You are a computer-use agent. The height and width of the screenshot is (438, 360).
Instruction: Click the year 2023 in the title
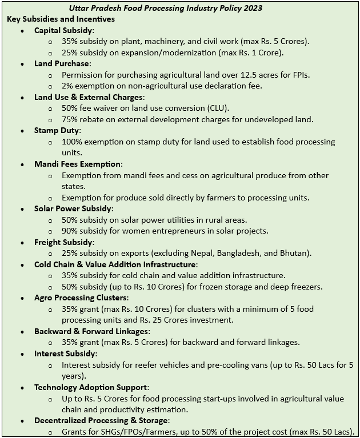tap(252, 8)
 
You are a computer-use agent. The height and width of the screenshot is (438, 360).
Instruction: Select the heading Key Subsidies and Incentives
tap(61, 19)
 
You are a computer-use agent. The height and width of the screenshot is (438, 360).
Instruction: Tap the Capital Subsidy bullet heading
tap(65, 30)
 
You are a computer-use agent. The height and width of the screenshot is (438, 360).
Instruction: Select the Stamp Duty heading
tap(57, 131)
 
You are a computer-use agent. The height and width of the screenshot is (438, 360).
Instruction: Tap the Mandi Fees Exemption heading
tap(78, 164)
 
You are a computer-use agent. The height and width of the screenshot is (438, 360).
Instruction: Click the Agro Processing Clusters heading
tap(81, 298)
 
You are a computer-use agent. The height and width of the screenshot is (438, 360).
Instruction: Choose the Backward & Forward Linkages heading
tap(92, 331)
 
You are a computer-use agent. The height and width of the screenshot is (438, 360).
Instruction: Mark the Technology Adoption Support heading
tap(91, 387)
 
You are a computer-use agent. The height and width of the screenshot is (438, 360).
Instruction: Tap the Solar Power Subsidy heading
tap(74, 208)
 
